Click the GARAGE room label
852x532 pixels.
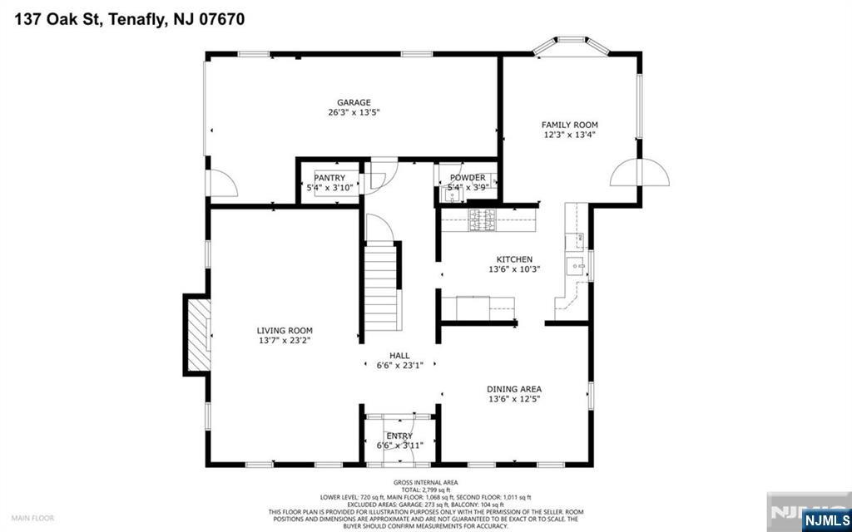[x=353, y=102]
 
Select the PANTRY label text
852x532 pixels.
[x=329, y=177]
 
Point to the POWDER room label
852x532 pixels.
[x=468, y=177]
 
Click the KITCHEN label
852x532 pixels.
[x=514, y=259]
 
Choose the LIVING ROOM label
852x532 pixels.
[x=285, y=330]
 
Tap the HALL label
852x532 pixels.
[x=399, y=355]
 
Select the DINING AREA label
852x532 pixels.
[x=514, y=388]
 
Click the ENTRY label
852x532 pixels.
[x=399, y=436]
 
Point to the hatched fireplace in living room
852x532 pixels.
[x=198, y=336]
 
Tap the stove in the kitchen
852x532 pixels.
[x=482, y=219]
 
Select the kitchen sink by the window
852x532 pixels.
[x=574, y=266]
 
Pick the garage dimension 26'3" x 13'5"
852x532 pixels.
[x=353, y=112]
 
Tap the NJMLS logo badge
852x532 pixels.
[x=825, y=520]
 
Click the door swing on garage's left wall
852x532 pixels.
[x=221, y=183]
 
